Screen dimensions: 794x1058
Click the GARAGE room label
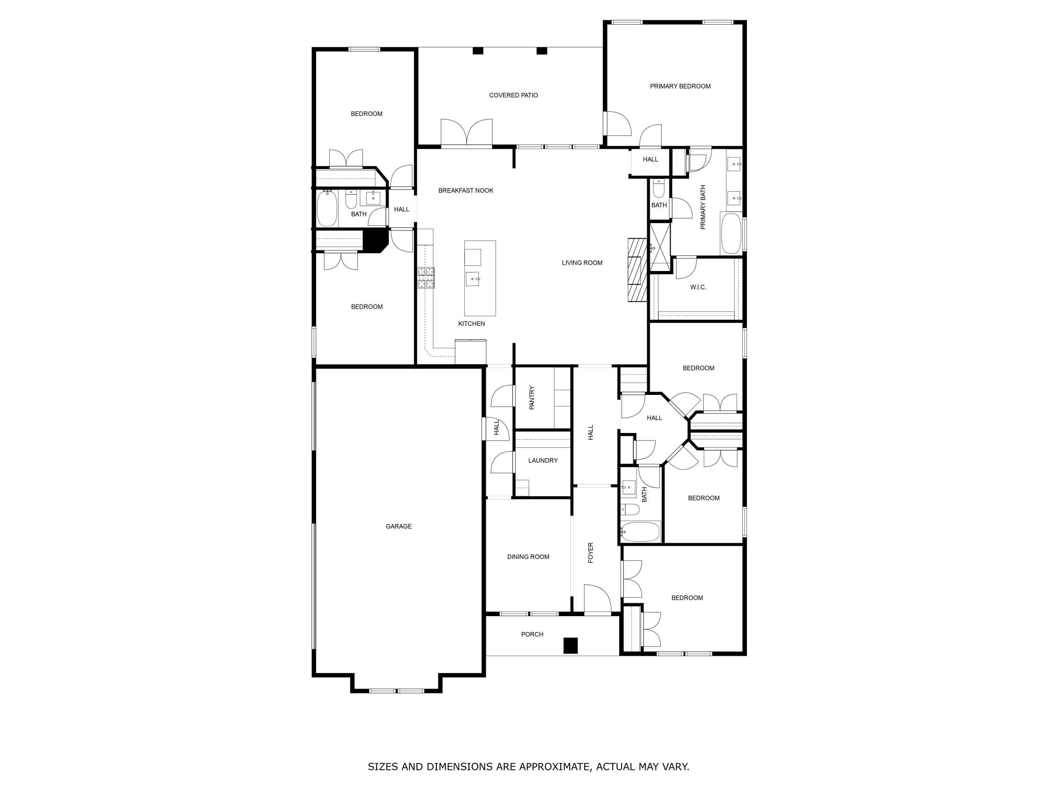point(399,527)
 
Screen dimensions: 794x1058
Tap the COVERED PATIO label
point(513,95)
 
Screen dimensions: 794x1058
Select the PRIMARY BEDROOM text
point(680,86)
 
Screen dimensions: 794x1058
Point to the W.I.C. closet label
point(698,287)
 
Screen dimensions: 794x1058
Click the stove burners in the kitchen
point(426,278)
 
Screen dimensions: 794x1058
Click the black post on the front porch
point(570,646)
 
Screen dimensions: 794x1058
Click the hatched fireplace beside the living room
point(637,270)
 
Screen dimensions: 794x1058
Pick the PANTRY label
point(531,397)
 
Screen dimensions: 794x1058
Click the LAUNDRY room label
point(543,461)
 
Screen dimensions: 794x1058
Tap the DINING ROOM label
point(528,557)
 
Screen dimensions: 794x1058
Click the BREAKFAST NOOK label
point(466,191)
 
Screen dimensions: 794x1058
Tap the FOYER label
point(590,552)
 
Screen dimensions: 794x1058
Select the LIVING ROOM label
point(582,263)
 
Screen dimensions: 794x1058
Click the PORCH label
point(532,634)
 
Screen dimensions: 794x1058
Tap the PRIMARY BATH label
point(703,207)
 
